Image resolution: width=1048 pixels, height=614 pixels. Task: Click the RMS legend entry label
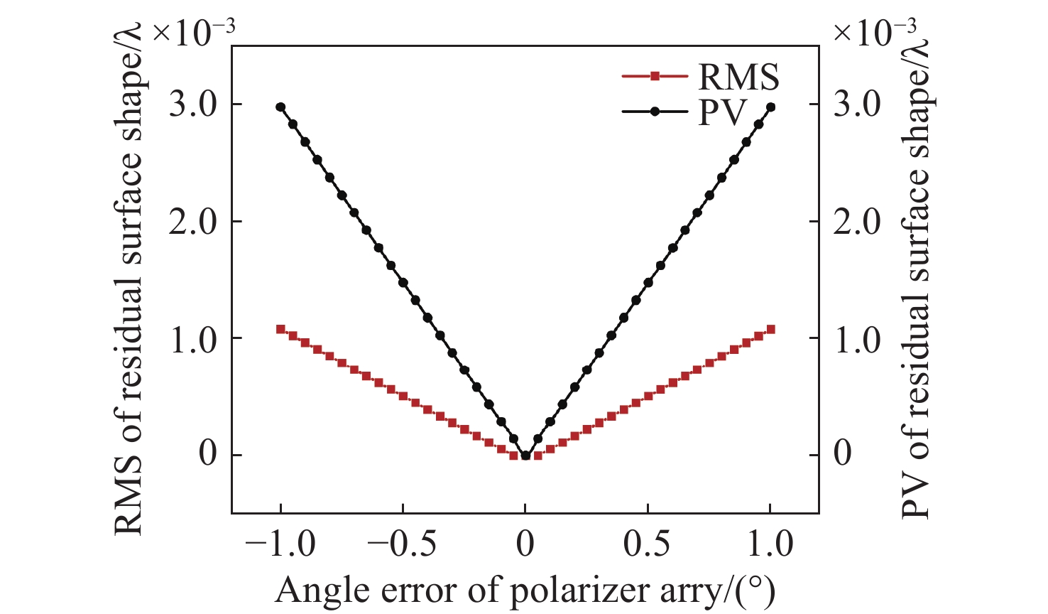738,76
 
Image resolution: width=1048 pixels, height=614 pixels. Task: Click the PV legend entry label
722,112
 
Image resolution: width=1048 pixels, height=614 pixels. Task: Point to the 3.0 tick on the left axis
194,104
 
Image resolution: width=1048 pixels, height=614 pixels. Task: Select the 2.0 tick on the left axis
194,222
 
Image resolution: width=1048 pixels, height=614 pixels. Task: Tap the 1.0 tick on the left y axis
194,339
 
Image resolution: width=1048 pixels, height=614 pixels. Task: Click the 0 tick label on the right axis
842,454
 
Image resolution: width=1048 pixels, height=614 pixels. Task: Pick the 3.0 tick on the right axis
857,104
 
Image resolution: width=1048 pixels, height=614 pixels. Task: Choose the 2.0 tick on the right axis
857,222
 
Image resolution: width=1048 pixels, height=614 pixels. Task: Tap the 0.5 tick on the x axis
648,544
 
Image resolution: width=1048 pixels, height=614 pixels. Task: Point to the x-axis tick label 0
525,544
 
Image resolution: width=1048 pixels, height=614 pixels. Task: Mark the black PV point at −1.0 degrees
280,107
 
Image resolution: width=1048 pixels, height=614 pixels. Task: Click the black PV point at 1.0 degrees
770,107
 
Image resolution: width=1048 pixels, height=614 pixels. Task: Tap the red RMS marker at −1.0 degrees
280,329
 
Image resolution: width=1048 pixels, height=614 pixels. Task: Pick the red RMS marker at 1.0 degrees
770,329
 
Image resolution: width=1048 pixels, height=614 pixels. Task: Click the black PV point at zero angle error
525,456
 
